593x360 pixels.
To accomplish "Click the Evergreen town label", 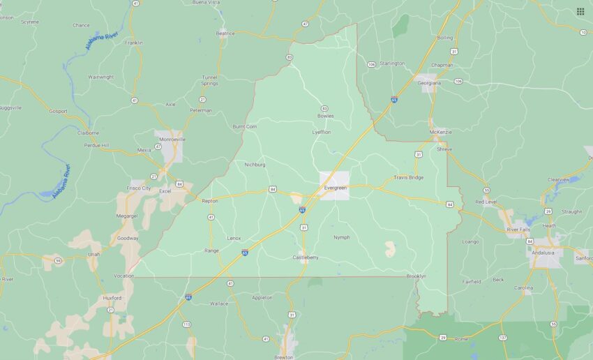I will [336, 188].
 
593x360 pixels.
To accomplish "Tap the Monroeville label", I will [172, 139].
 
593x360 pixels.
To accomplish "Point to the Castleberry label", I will [305, 257].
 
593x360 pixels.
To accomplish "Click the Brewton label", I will [284, 357].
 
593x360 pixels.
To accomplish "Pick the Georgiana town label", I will [429, 82].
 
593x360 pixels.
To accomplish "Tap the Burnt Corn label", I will [245, 127].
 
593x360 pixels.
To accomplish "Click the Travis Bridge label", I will [408, 177].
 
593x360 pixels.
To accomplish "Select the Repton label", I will [210, 201].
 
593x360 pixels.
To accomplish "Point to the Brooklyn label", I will [416, 276].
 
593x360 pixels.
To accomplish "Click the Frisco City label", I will [139, 188].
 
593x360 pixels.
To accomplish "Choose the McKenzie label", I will [440, 131].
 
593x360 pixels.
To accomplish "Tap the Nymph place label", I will [341, 237].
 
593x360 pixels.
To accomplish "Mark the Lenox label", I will [234, 238].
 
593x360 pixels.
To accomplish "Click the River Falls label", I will [518, 230].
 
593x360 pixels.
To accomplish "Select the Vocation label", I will [124, 276].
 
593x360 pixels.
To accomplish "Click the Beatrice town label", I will [225, 33].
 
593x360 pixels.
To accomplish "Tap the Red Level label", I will [486, 202].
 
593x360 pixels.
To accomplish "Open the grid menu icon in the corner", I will [580, 11].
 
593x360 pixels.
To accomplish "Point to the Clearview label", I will [559, 179].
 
